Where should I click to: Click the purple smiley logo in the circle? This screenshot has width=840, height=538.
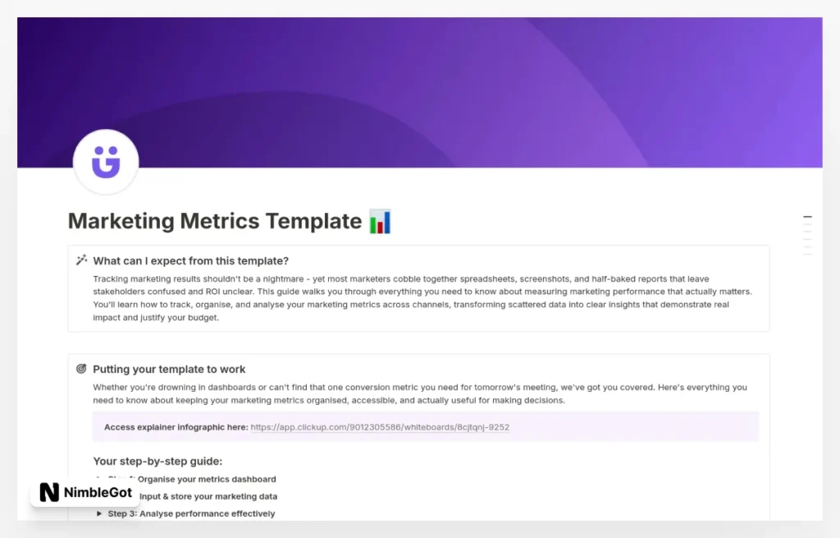[x=106, y=161]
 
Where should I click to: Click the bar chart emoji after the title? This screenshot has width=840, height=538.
[x=380, y=222]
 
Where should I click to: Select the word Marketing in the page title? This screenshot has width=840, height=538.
[x=121, y=222]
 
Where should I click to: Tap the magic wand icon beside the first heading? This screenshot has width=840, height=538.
[x=81, y=260]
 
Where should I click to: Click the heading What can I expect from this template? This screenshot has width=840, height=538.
[x=190, y=261]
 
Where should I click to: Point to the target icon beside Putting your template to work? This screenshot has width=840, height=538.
[x=81, y=369]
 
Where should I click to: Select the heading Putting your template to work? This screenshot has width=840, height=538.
[x=169, y=370]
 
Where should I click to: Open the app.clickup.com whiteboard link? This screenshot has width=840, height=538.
[x=380, y=427]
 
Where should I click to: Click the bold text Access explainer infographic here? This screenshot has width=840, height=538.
[x=176, y=427]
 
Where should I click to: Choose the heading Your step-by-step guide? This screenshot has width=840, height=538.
[x=157, y=461]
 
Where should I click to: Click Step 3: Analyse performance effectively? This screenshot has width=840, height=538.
[x=191, y=513]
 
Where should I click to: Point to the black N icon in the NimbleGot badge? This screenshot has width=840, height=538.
[x=49, y=493]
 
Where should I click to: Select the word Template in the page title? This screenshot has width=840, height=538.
[x=312, y=222]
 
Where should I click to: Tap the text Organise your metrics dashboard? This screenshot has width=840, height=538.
[x=207, y=479]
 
